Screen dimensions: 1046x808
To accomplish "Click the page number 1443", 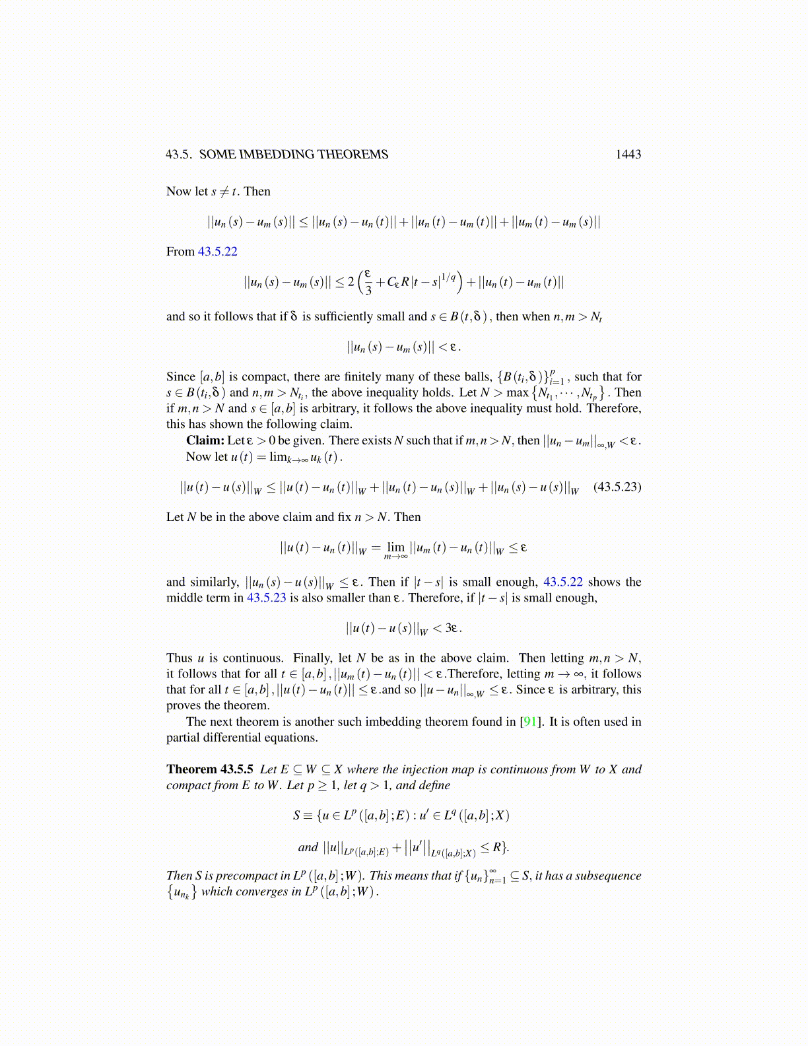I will point(628,155).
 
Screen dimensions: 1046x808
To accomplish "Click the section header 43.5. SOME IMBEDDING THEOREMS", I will point(277,155).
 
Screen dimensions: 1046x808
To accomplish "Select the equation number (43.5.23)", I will point(617,487).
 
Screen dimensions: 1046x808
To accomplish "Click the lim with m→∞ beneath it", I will point(395,549).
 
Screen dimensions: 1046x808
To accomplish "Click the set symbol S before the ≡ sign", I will point(296,816).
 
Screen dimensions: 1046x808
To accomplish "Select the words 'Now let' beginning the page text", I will point(187,192).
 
